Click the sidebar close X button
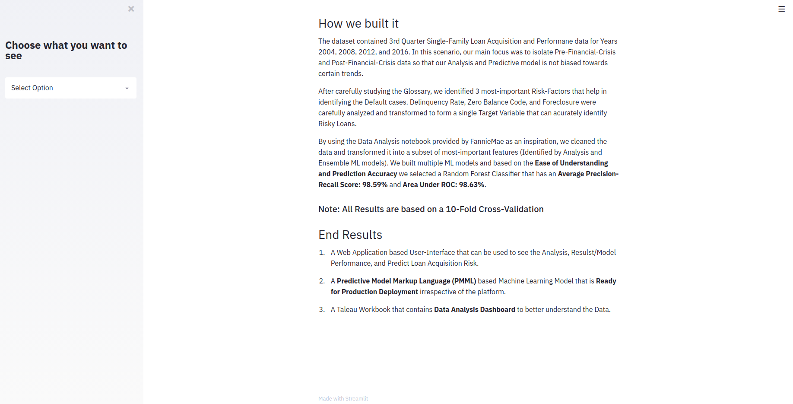(131, 9)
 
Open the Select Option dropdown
(71, 88)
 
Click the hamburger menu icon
(781, 9)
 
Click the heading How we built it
(358, 23)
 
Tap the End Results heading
(350, 235)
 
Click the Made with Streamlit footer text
(343, 398)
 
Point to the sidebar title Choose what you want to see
(66, 51)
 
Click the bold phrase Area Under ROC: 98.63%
(443, 185)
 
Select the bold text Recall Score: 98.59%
(353, 185)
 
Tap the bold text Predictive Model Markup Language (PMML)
(406, 281)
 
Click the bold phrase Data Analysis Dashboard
(474, 309)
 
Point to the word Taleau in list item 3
(347, 309)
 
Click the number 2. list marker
(322, 281)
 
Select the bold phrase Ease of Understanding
(571, 163)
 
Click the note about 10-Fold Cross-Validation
(431, 209)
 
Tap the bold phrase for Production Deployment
(374, 292)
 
